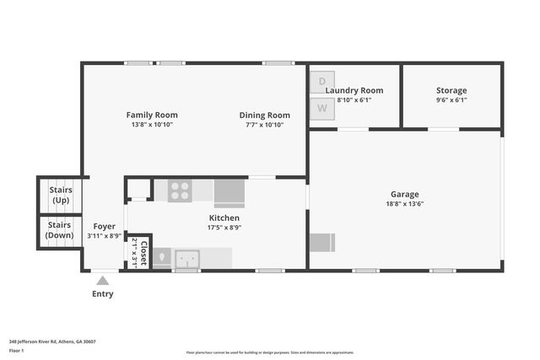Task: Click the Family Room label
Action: pyautogui.click(x=151, y=115)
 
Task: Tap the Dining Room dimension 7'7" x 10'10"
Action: pyautogui.click(x=264, y=125)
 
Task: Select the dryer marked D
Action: pyautogui.click(x=321, y=83)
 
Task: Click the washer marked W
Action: pyautogui.click(x=321, y=108)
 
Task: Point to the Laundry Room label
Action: pyautogui.click(x=354, y=90)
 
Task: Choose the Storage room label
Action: pyautogui.click(x=451, y=90)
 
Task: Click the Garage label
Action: pyautogui.click(x=404, y=194)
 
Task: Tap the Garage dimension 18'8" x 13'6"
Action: pyautogui.click(x=404, y=203)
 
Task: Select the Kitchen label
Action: pyautogui.click(x=224, y=218)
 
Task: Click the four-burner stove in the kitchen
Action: pyautogui.click(x=179, y=191)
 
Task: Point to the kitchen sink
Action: pyautogui.click(x=187, y=256)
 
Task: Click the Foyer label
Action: pyautogui.click(x=104, y=226)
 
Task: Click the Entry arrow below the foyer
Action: pyautogui.click(x=103, y=280)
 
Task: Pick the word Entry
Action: pyautogui.click(x=103, y=294)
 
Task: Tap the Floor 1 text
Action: pyautogui.click(x=16, y=349)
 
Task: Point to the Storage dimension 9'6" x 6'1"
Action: pyautogui.click(x=451, y=99)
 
